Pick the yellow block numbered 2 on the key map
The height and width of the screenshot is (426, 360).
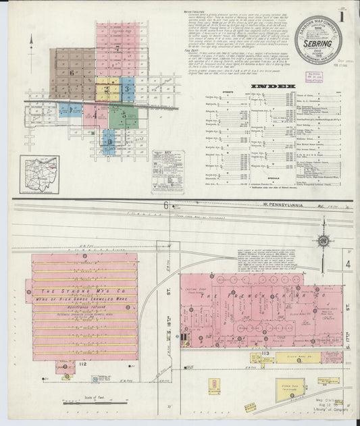(x=107, y=88)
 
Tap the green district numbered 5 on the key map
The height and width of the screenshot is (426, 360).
(x=124, y=115)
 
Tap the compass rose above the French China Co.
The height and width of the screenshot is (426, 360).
(x=324, y=240)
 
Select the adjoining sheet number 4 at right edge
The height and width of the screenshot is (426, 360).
(x=349, y=265)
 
